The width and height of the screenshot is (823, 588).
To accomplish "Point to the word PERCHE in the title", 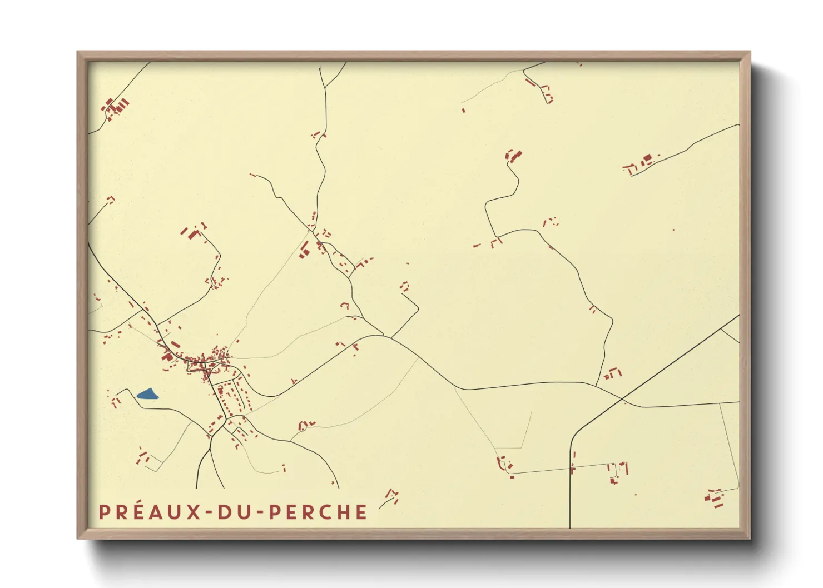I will [x=319, y=512].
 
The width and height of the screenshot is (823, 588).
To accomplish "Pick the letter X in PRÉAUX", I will [x=194, y=512].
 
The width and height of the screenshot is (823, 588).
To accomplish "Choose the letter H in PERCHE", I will [x=344, y=512].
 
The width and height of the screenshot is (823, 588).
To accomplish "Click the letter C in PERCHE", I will [x=326, y=512].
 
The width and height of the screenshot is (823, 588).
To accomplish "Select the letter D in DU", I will [x=224, y=512].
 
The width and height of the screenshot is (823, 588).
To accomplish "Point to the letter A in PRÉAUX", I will [x=156, y=512].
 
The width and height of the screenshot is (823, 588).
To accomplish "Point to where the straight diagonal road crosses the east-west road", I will [x=622, y=399].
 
